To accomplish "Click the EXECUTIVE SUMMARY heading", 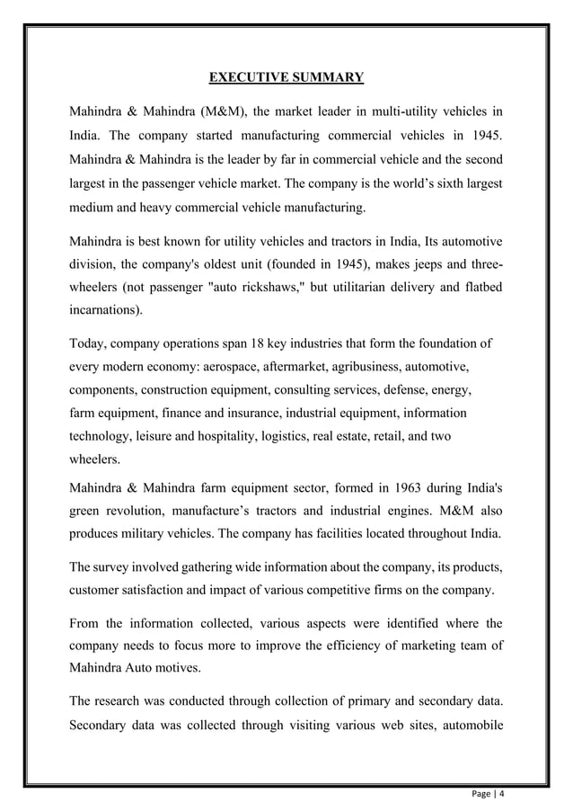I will tap(286, 77).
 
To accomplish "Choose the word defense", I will tap(393, 392).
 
